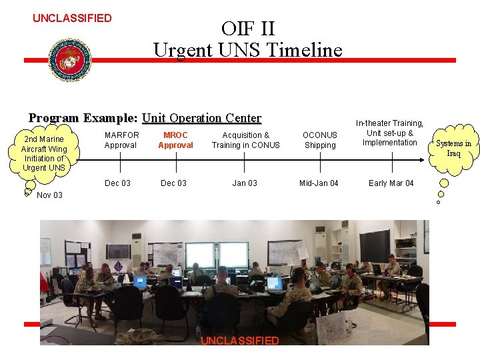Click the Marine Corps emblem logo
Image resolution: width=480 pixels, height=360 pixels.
[70, 59]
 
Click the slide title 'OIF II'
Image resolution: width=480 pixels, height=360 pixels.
[247, 29]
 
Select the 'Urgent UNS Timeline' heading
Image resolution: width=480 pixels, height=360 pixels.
[247, 50]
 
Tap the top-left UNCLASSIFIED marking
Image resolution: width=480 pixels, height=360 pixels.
[72, 18]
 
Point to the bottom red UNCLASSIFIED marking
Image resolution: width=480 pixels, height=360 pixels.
[239, 341]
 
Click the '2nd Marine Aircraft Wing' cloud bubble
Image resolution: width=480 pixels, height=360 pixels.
[44, 153]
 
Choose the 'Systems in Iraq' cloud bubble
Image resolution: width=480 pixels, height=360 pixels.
[453, 148]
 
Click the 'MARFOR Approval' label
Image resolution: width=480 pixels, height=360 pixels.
[121, 140]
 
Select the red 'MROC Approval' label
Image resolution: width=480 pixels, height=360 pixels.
[175, 140]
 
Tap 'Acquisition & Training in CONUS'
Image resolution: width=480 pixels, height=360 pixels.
[245, 140]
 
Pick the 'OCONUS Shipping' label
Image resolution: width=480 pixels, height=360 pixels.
[320, 140]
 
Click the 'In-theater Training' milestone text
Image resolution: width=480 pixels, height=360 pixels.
[390, 133]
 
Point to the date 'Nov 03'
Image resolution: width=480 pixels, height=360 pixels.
[49, 195]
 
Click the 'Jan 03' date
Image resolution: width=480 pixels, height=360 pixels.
[245, 183]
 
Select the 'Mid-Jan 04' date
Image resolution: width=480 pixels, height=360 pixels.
[319, 183]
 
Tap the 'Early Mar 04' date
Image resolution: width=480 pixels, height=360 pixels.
[391, 183]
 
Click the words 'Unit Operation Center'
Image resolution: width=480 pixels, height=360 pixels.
[201, 119]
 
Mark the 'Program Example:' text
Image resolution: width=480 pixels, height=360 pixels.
[83, 119]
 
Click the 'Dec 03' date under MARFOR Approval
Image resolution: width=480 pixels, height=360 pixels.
[118, 183]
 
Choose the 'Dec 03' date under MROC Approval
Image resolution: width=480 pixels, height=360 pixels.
[174, 183]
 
